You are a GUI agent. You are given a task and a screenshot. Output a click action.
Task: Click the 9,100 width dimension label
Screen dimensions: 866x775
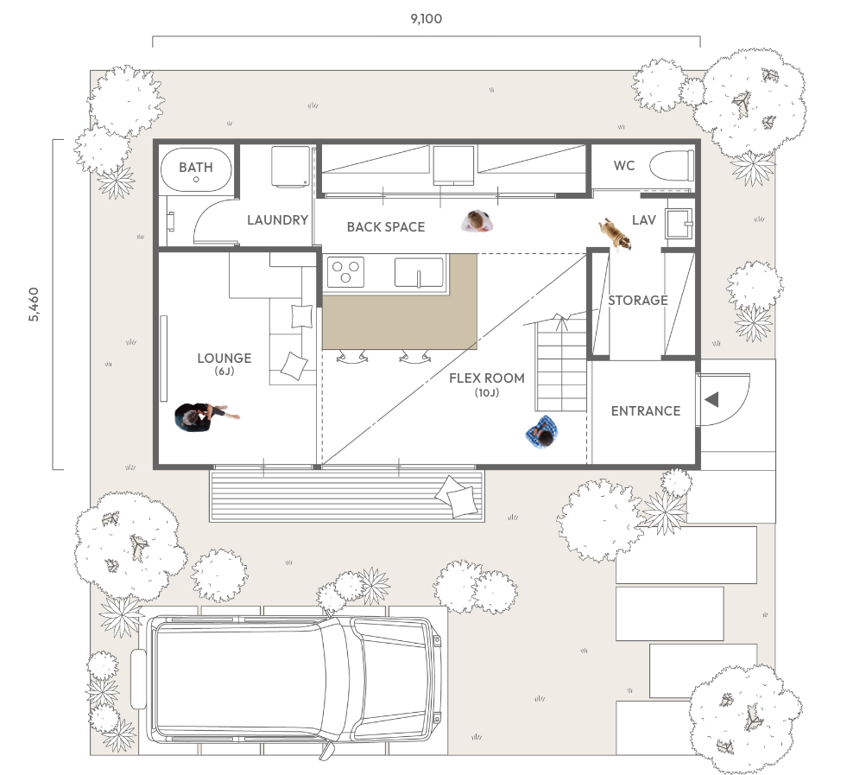[x=427, y=19]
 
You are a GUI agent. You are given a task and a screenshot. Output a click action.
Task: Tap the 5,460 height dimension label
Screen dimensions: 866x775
[x=34, y=304]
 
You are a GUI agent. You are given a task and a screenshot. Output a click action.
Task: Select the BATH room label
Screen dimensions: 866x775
[x=196, y=167]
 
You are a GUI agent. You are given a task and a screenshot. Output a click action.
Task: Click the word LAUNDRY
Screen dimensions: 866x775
[x=277, y=220]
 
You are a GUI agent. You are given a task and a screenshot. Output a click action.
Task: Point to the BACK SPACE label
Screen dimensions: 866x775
[x=386, y=226]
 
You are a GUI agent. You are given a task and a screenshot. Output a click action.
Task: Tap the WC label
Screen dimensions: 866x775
[x=624, y=165]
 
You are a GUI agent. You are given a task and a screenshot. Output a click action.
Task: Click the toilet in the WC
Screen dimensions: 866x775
[x=672, y=165]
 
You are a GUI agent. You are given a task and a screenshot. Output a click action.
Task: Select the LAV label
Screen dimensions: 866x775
[x=644, y=220]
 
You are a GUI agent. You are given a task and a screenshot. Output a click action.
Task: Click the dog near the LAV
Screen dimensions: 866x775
[x=615, y=234]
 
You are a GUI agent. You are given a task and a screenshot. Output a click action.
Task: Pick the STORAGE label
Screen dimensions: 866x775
[x=638, y=300]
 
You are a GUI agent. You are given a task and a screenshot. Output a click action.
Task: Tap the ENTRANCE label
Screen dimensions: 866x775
[x=646, y=410]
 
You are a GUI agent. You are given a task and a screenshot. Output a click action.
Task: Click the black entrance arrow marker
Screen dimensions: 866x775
[x=711, y=399]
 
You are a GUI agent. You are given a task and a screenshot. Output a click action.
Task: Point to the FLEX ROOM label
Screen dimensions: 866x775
[x=487, y=378]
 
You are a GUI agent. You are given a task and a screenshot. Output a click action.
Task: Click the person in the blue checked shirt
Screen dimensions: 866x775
[x=542, y=432]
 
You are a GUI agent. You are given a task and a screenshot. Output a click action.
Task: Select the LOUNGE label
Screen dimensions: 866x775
[x=224, y=359]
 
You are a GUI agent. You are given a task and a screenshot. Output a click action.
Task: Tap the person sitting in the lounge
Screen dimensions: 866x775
[x=205, y=416]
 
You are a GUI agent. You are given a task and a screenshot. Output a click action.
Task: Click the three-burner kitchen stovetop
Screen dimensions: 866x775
[x=345, y=272]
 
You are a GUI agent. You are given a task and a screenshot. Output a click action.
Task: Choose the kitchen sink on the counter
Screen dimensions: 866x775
[x=420, y=272]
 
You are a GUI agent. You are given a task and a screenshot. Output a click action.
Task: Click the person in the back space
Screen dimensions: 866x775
[x=477, y=221]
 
